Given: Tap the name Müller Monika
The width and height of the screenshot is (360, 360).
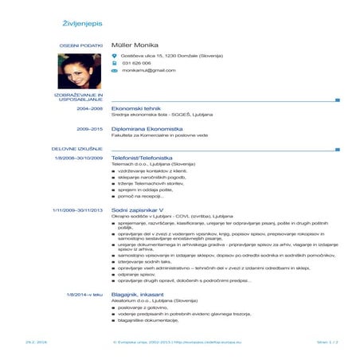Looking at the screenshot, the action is tap(135, 45).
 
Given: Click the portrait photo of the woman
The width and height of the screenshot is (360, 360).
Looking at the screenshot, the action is tap(79, 71).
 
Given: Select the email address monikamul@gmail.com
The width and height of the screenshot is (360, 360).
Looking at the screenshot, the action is tap(148, 71).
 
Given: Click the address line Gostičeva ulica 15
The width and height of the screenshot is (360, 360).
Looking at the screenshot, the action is tap(171, 56).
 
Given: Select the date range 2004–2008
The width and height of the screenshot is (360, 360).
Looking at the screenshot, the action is tap(89, 108).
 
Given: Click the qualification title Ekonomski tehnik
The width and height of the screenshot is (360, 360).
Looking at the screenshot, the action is tap(138, 108).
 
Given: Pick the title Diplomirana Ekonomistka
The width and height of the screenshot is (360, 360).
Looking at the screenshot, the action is tap(147, 129).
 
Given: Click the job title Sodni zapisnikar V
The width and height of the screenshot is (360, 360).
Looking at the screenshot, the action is tap(138, 210).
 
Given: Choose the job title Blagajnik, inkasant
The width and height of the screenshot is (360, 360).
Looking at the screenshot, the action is tap(139, 295).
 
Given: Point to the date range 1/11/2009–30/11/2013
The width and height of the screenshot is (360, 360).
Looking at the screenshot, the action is tap(77, 210).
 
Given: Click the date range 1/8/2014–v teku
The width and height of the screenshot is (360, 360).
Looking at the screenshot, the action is tap(84, 295).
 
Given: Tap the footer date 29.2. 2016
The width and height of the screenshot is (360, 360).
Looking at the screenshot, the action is tap(36, 342).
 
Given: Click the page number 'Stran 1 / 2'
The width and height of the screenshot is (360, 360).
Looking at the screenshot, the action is tap(328, 342).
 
